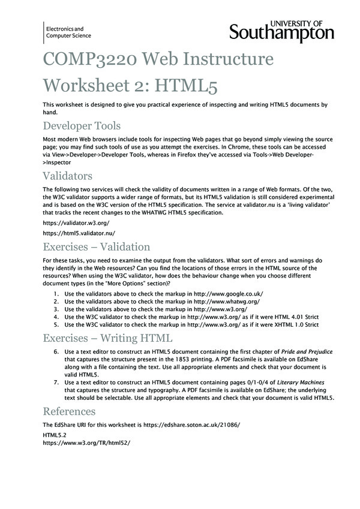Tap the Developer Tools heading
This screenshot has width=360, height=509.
point(82,125)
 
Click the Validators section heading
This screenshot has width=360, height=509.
point(67,176)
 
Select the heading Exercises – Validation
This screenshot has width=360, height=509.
point(96,246)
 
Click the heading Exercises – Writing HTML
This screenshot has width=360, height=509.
point(107,337)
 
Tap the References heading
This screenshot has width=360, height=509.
point(69,411)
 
